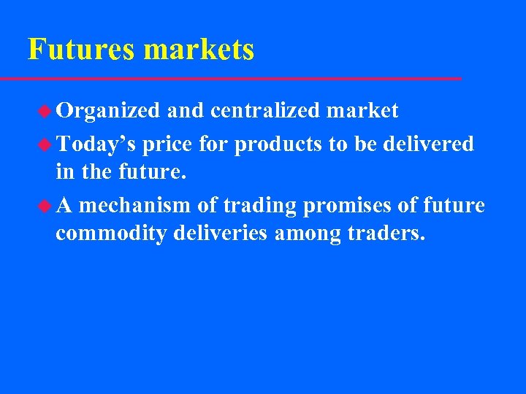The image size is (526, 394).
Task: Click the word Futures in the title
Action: click(82, 50)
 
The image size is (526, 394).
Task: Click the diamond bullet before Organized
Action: click(46, 111)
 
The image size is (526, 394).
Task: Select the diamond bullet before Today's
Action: click(46, 144)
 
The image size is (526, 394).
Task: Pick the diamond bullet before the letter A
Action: click(46, 206)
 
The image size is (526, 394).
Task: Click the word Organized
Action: click(108, 111)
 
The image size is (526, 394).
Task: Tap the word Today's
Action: click(96, 144)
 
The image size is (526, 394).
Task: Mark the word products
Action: click(278, 144)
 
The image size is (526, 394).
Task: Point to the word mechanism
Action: click(136, 206)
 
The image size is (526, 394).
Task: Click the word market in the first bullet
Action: click(362, 111)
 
